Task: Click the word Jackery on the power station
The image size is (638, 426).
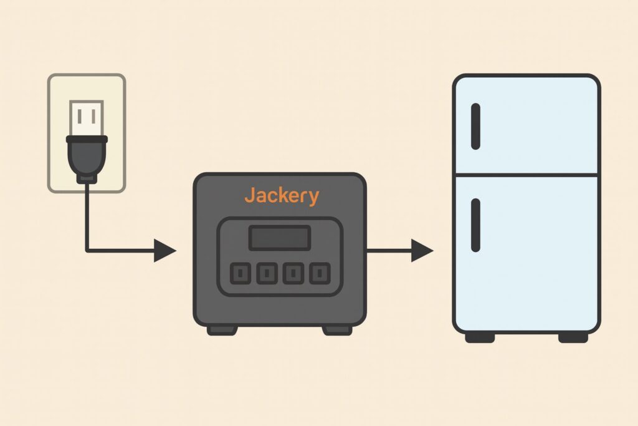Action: [281, 195]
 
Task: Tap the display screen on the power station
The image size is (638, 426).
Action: [280, 238]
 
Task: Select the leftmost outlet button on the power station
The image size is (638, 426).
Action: [240, 273]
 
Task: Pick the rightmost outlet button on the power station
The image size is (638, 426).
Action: [320, 273]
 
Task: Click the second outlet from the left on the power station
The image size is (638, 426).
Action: [267, 273]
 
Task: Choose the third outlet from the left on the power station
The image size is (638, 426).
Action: [293, 273]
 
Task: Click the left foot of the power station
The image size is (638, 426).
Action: [222, 329]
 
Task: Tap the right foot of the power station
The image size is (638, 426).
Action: [337, 329]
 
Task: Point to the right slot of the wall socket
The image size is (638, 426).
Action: [93, 116]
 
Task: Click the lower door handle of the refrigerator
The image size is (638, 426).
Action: [475, 225]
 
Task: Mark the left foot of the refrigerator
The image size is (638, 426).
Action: [480, 337]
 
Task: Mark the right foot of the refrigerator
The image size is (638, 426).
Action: [573, 337]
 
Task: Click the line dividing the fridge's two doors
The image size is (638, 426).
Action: [526, 175]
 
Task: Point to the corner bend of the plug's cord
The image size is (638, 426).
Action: [87, 251]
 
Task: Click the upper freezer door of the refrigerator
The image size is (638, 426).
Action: [536, 125]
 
